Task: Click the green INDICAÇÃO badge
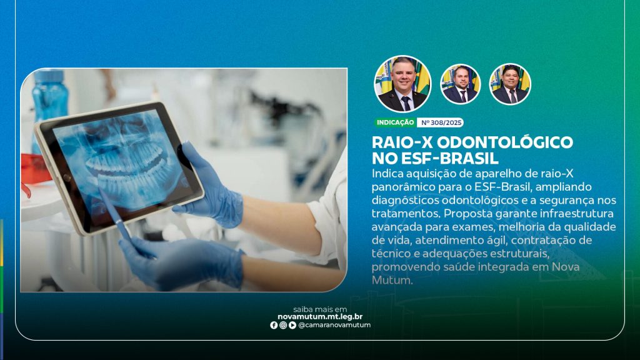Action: [x=395, y=122]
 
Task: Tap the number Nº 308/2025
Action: [x=441, y=122]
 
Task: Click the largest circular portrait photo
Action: [x=402, y=84]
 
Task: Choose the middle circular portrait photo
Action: [x=461, y=84]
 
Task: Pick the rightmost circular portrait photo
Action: [x=510, y=84]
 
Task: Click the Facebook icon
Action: [x=274, y=325]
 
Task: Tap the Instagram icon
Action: [x=283, y=325]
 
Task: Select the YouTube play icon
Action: [x=292, y=325]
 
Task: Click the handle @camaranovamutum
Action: [x=335, y=325]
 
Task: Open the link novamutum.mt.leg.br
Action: [x=320, y=317]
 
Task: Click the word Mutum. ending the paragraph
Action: [x=392, y=281]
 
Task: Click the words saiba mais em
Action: [x=320, y=309]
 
